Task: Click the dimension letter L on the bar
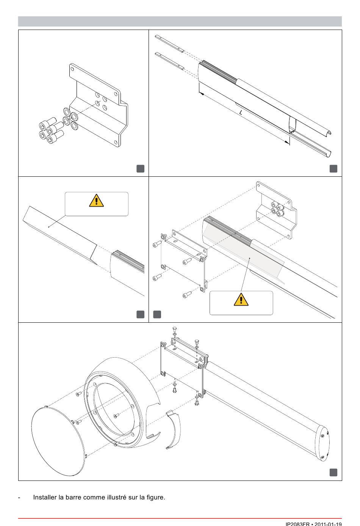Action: pos(241,113)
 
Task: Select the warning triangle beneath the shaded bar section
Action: pos(241,300)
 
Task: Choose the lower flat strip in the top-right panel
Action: pos(170,61)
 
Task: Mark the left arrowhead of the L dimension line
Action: pos(201,93)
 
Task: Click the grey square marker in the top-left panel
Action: pos(140,168)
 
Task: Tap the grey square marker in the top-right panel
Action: pos(333,168)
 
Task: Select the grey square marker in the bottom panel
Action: pos(333,472)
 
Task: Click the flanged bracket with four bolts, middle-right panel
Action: pos(276,210)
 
